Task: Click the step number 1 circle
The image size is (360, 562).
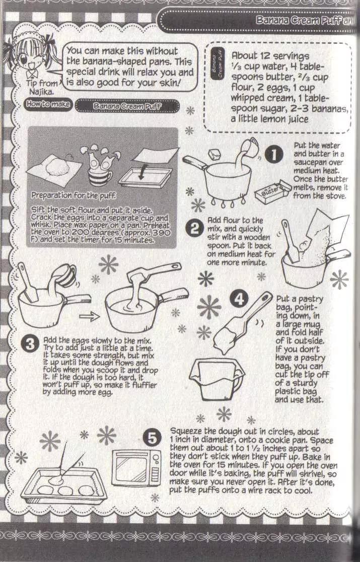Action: [274, 155]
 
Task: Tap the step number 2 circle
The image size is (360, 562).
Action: [194, 228]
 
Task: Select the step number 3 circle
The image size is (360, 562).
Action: [30, 344]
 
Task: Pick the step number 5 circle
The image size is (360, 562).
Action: [152, 438]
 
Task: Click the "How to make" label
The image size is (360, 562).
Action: [48, 104]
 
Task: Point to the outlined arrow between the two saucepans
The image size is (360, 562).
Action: [89, 316]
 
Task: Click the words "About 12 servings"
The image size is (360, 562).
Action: [270, 56]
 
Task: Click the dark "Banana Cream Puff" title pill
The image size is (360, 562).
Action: [127, 106]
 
